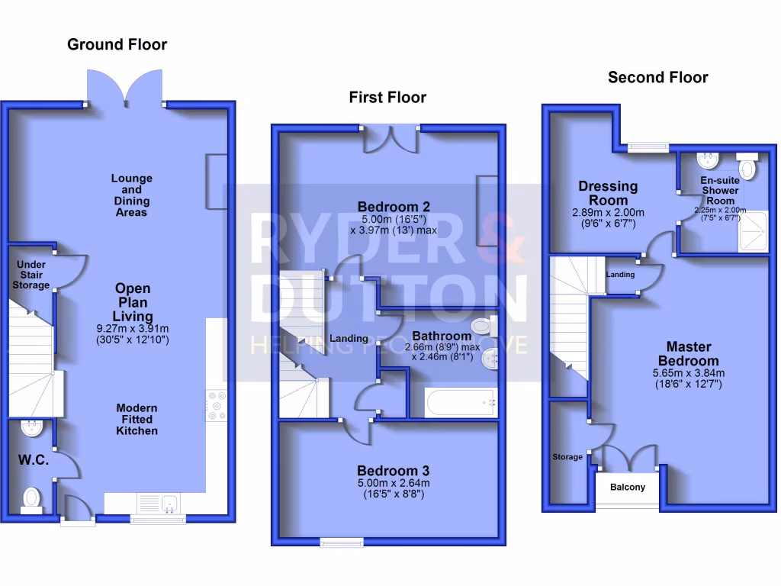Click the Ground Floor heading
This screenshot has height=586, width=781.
[117, 44]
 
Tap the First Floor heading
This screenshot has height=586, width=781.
[387, 97]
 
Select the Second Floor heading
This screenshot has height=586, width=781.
[657, 77]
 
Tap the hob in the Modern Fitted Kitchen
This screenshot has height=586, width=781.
[216, 405]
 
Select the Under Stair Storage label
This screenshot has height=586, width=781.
[31, 275]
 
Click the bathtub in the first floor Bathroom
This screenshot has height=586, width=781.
[455, 401]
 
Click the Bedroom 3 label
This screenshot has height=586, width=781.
[394, 470]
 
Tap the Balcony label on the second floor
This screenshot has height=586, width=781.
[627, 487]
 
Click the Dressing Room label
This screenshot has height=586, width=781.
[608, 192]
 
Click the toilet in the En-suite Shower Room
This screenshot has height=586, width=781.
[747, 167]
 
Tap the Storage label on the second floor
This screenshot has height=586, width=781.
[567, 457]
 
